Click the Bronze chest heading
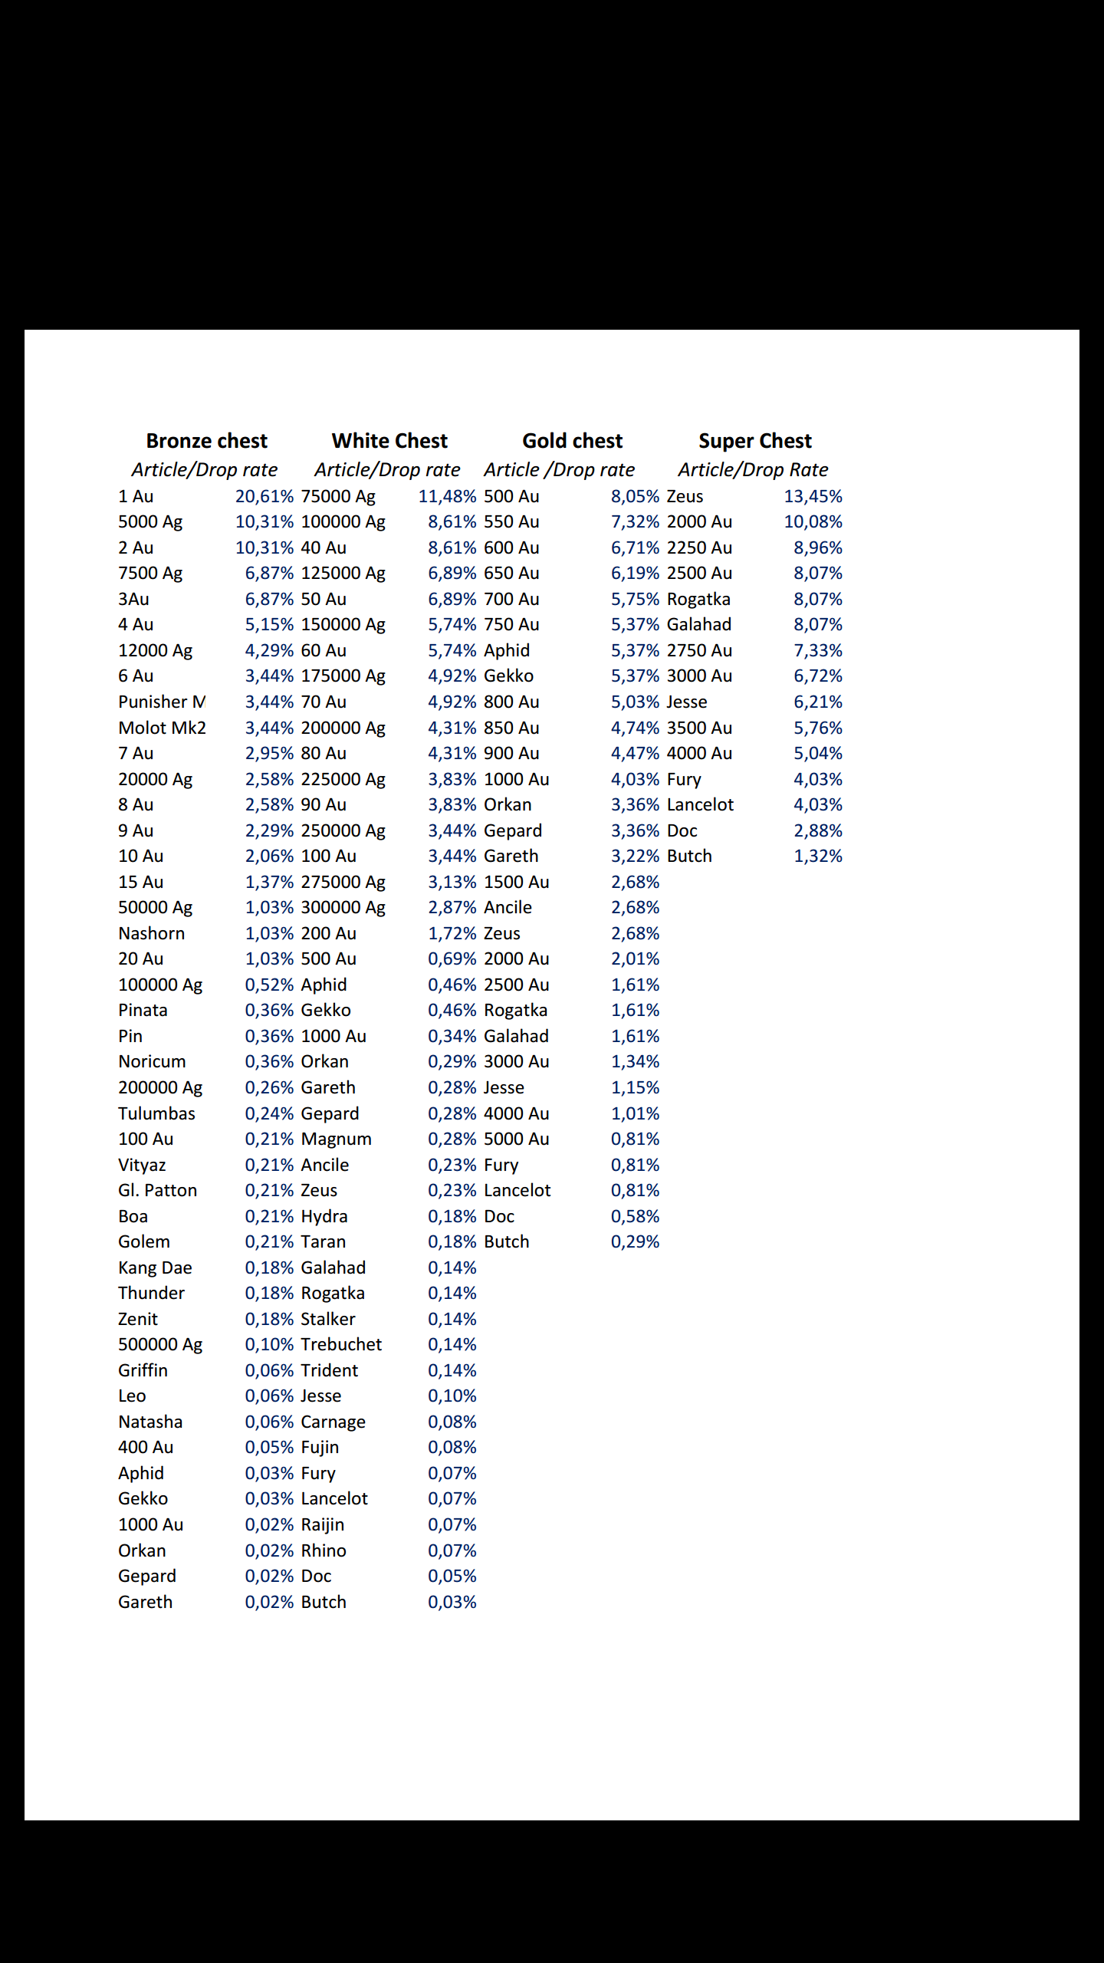pyautogui.click(x=206, y=441)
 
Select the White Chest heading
pyautogui.click(x=389, y=441)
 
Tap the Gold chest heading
pyautogui.click(x=572, y=441)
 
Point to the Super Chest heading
pyautogui.click(x=754, y=441)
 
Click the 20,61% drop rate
pyautogui.click(x=264, y=496)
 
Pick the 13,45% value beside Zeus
pyautogui.click(x=813, y=496)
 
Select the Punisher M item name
pyautogui.click(x=161, y=702)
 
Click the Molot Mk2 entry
pyautogui.click(x=162, y=728)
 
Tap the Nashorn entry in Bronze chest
pyautogui.click(x=151, y=933)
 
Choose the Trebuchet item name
pyautogui.click(x=341, y=1344)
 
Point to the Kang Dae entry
pyautogui.click(x=155, y=1268)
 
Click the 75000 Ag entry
pyautogui.click(x=338, y=496)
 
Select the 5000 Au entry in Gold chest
pyautogui.click(x=516, y=1139)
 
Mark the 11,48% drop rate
pyautogui.click(x=447, y=496)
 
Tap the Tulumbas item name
pyautogui.click(x=156, y=1113)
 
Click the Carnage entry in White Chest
pyautogui.click(x=333, y=1422)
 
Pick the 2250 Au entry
pyautogui.click(x=699, y=547)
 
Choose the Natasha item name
pyautogui.click(x=150, y=1422)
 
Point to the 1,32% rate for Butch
pyautogui.click(x=817, y=856)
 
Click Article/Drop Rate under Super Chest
pyautogui.click(x=753, y=469)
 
